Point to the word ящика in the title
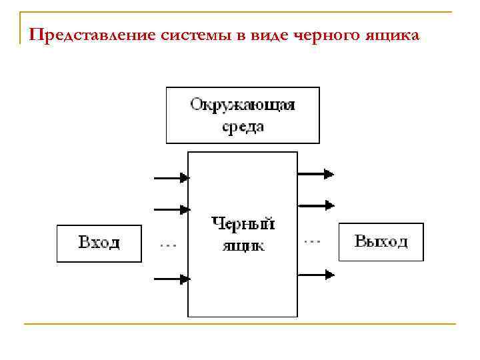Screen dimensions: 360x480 click(x=399, y=35)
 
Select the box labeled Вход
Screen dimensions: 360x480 click(x=99, y=243)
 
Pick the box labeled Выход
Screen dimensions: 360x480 click(x=381, y=241)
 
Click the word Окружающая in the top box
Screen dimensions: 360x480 click(x=242, y=105)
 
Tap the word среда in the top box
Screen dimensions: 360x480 click(x=242, y=127)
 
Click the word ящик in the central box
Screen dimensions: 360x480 click(x=243, y=245)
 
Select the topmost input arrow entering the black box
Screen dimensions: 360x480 click(x=172, y=178)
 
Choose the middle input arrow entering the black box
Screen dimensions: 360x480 click(x=172, y=210)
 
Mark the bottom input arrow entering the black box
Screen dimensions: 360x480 click(x=172, y=279)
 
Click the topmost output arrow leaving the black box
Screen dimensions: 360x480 click(x=315, y=174)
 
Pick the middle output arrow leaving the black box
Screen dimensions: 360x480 click(x=315, y=205)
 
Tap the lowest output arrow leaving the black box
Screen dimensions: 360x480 click(x=315, y=273)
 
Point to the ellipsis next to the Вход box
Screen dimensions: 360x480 click(x=167, y=246)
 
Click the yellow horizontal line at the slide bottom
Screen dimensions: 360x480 click(x=240, y=325)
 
